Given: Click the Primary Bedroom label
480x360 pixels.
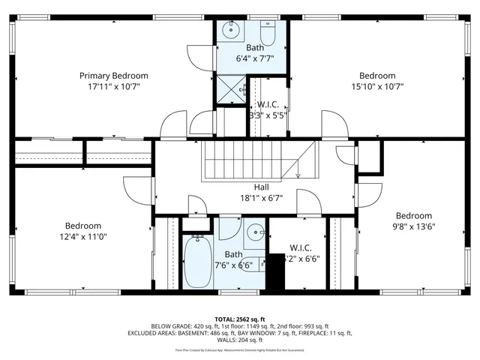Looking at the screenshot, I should click(114, 76).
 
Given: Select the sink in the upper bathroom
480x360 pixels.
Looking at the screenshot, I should click(231, 31).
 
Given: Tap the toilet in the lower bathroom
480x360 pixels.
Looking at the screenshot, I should click(254, 264).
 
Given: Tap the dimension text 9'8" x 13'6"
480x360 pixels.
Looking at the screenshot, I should click(414, 226).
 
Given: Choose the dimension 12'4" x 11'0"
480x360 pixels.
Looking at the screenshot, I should click(82, 237).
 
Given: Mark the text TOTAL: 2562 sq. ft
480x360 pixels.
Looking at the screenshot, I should click(240, 319).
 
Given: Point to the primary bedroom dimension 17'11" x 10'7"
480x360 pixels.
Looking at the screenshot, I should click(114, 86).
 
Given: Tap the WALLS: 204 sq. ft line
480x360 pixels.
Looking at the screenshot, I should click(240, 339).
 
